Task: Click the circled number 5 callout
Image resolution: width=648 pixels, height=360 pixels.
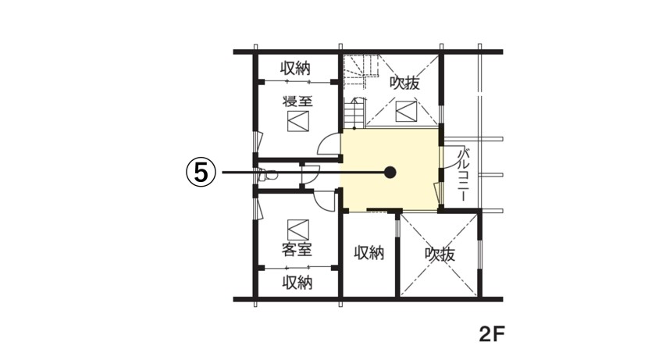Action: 201,173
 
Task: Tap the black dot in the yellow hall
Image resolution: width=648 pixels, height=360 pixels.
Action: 390,173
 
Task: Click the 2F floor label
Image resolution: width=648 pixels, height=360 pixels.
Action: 492,334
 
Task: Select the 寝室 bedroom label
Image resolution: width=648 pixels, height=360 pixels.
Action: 297,102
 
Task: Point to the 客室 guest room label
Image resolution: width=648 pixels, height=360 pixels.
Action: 297,249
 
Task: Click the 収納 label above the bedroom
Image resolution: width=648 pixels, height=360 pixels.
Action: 295,68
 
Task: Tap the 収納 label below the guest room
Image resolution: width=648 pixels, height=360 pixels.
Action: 297,283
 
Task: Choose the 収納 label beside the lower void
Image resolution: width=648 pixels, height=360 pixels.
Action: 369,252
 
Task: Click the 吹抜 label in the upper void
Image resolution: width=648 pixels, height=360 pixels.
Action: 405,84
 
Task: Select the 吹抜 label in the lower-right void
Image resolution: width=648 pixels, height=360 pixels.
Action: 440,255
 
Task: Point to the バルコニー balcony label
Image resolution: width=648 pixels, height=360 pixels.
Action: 463,176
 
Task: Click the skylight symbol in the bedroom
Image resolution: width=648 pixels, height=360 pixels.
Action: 298,121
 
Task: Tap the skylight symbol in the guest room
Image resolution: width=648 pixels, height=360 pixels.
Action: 298,230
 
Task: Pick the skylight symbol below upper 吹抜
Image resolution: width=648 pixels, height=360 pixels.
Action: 406,111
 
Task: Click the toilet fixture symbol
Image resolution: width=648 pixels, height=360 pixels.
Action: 266,175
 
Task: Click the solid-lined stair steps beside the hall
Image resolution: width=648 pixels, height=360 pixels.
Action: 354,113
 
